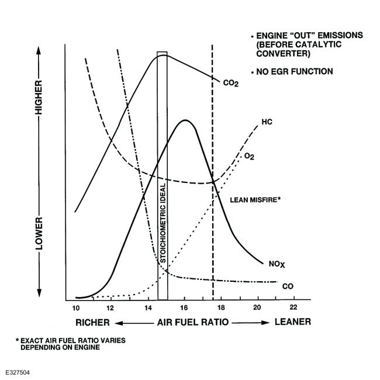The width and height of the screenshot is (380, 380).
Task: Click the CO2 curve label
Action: pos(231,83)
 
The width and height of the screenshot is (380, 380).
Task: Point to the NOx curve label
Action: pos(276,264)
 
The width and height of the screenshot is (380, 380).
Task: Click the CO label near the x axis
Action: pos(287,286)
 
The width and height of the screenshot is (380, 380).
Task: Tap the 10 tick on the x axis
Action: pos(75,308)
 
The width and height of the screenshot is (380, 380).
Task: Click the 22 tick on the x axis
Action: pos(293,308)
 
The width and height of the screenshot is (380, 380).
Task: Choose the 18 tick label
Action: pos(221,308)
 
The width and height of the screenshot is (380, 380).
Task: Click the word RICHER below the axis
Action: pos(92,322)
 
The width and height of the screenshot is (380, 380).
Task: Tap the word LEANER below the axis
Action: pos(292,322)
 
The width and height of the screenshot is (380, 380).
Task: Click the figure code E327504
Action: pos(20,371)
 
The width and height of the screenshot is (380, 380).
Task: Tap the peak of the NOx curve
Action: pos(185,120)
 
